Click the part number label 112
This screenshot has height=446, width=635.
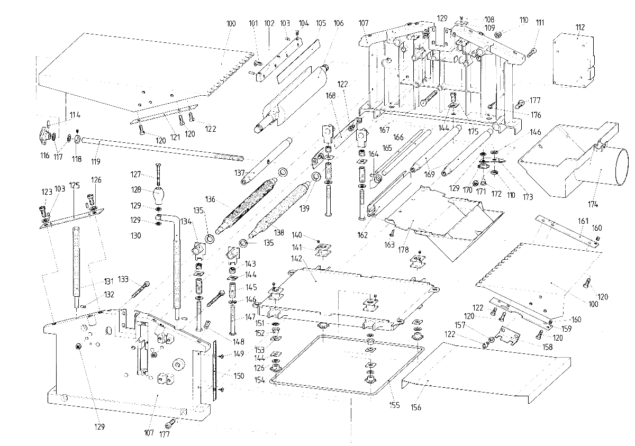580,27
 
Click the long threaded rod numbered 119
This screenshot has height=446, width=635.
159,149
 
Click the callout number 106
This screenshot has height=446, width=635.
339,23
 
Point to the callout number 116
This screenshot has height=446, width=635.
46,156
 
